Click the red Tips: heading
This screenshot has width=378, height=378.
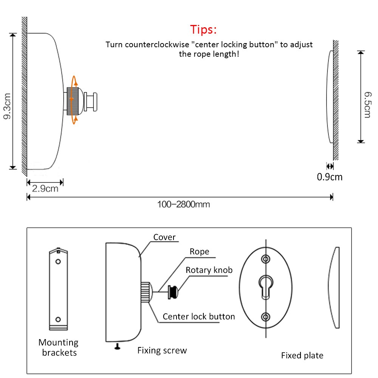coord(203,29)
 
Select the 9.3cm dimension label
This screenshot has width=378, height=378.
coord(7,106)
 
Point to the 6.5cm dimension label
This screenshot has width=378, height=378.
coord(366,105)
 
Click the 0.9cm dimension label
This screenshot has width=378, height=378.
coord(330,177)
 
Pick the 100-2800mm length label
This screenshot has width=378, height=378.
coord(183,204)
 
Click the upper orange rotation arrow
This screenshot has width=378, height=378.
coord(74,81)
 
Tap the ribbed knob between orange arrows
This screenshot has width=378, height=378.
coord(73,101)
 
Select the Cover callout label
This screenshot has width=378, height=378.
coord(164,237)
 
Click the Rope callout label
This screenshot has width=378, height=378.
coord(199,251)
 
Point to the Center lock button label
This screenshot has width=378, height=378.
coord(199,316)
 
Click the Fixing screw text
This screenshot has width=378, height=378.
coord(162,350)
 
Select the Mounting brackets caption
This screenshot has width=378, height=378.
coord(59,347)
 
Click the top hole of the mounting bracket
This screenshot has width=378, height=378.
coord(58,262)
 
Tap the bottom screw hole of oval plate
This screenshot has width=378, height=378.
coord(266,316)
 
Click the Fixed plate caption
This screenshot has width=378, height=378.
coord(302,355)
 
